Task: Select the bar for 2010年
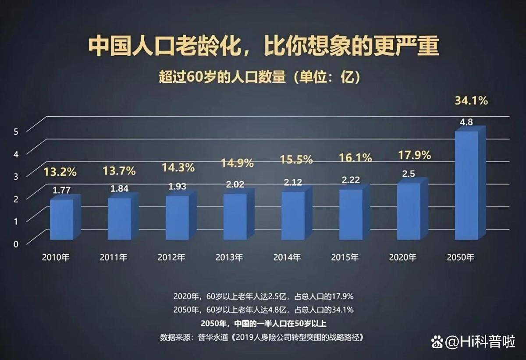point(61,219)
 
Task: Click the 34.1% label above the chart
point(471,101)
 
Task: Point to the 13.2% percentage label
point(60,172)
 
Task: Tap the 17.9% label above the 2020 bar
point(414,155)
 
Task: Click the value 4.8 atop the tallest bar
point(466,122)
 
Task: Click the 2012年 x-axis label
point(171,257)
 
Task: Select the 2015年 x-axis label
point(345,257)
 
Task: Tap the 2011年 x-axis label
point(114,257)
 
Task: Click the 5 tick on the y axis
point(16,131)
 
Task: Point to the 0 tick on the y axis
point(16,244)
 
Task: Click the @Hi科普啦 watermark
point(473,341)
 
